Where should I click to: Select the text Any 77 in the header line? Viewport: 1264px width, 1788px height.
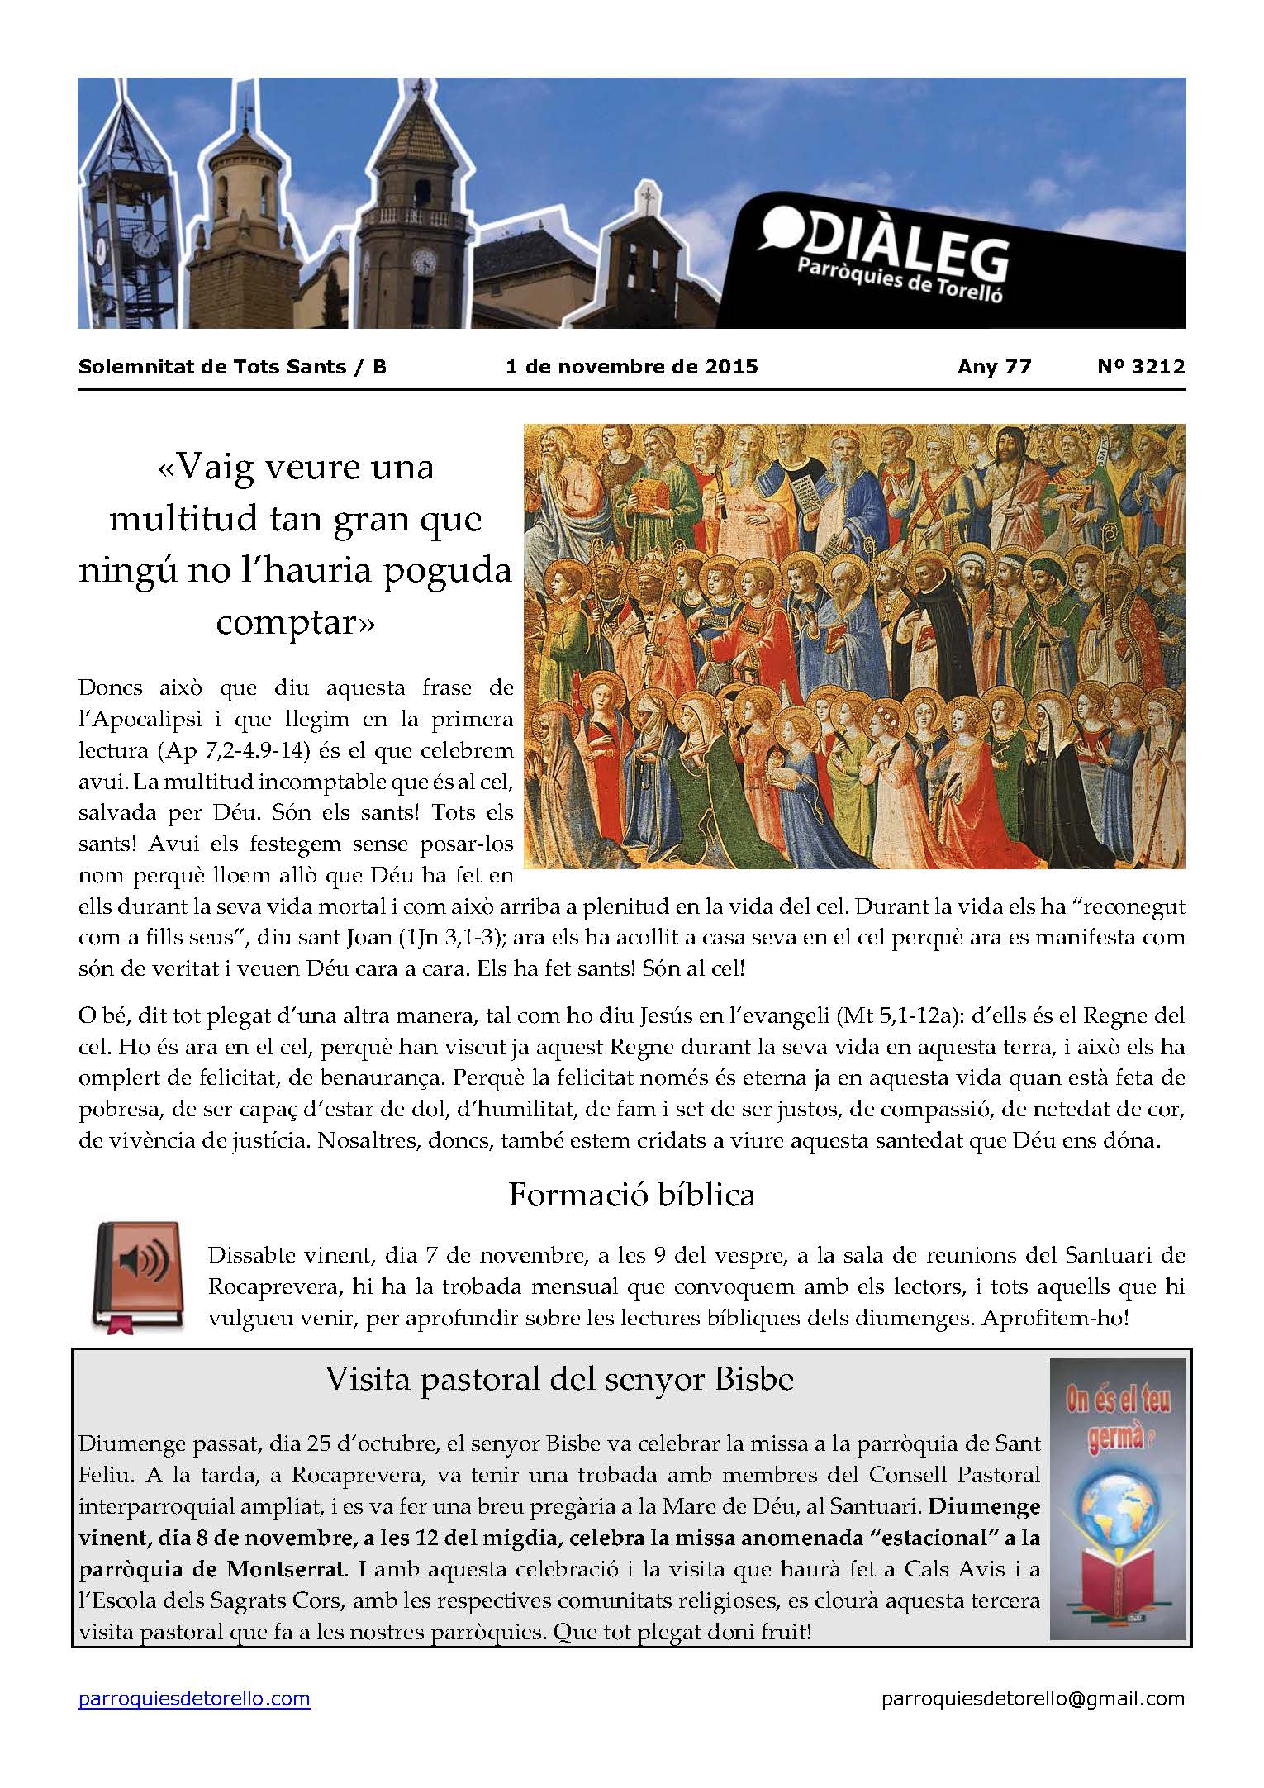(994, 367)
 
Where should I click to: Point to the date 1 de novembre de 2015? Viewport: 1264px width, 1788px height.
(631, 367)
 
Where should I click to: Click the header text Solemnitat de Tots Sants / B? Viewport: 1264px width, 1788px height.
(232, 367)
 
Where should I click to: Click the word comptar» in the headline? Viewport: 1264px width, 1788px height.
(295, 621)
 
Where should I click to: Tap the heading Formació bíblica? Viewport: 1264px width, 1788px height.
(631, 1195)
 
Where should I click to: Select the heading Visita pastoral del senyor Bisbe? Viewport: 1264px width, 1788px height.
(559, 1379)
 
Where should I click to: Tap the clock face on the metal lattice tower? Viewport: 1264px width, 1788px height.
(146, 244)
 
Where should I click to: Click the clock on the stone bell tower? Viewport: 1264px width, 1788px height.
(424, 262)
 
